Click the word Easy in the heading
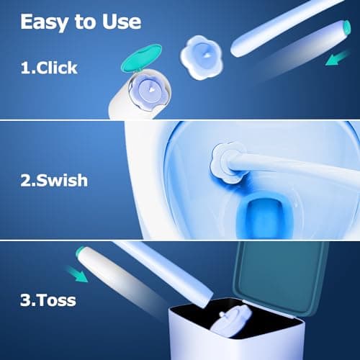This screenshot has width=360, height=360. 44,22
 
